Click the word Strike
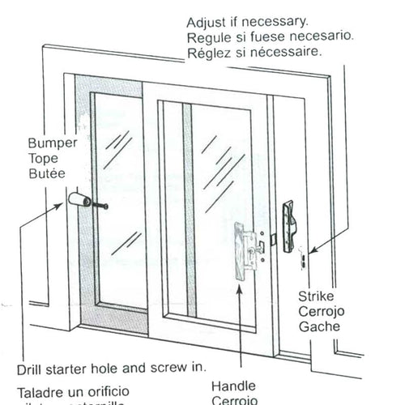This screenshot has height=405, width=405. [314, 297]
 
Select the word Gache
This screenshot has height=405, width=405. [318, 328]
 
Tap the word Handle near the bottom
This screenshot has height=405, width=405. [231, 386]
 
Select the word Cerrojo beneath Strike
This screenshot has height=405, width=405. [320, 313]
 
